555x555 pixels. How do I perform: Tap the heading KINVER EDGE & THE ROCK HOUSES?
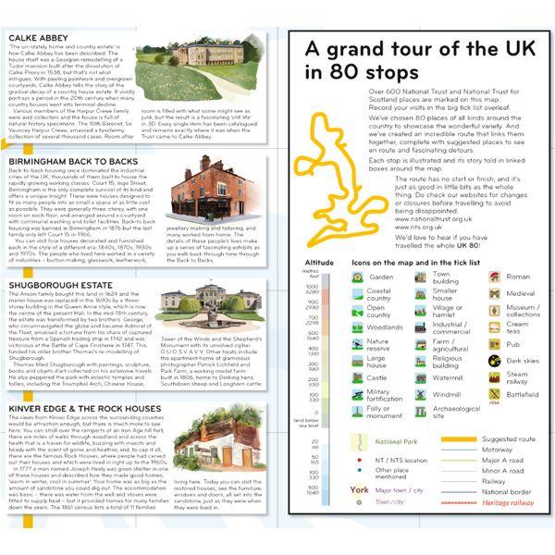[91, 408]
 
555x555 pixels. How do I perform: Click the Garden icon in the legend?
[355, 276]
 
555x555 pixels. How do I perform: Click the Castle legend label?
[376, 378]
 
